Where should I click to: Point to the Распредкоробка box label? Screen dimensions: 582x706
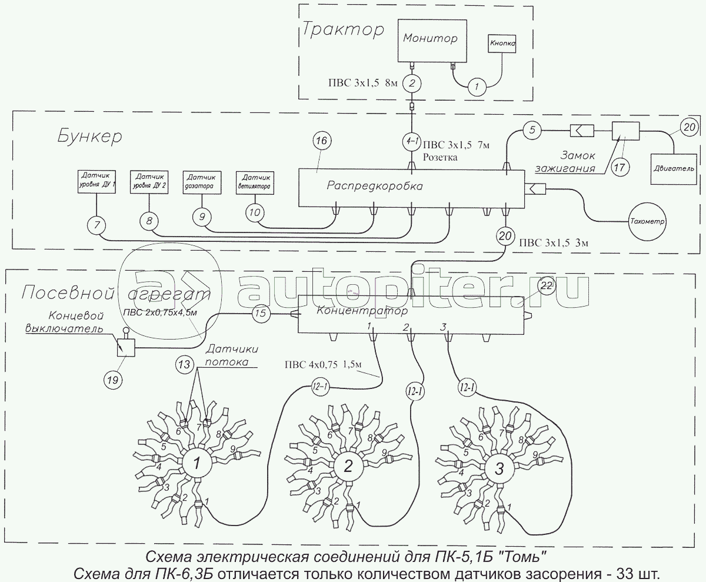[375, 186]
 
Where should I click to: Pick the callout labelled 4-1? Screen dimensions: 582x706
[412, 141]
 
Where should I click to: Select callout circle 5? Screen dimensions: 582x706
[531, 129]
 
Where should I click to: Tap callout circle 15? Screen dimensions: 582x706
[261, 314]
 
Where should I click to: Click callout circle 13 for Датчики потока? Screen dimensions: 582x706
[184, 365]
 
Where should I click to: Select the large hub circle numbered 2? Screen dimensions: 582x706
[348, 467]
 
